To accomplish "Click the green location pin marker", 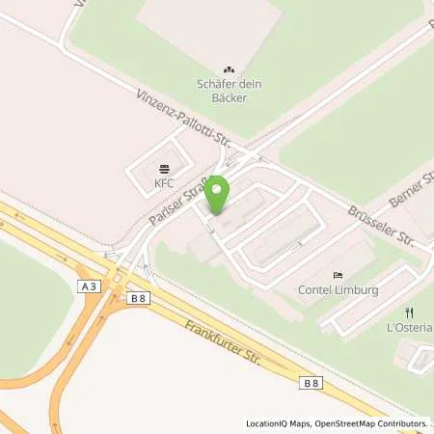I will pyautogui.click(x=219, y=193).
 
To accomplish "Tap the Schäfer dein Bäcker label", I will pyautogui.click(x=229, y=90).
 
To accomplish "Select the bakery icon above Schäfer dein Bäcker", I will pyautogui.click(x=229, y=68).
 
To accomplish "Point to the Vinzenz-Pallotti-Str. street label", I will pyautogui.click(x=178, y=122).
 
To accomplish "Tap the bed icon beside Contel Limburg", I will pyautogui.click(x=337, y=275).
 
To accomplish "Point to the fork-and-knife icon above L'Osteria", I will pyautogui.click(x=410, y=312).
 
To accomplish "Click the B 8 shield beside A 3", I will pyautogui.click(x=137, y=299).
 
